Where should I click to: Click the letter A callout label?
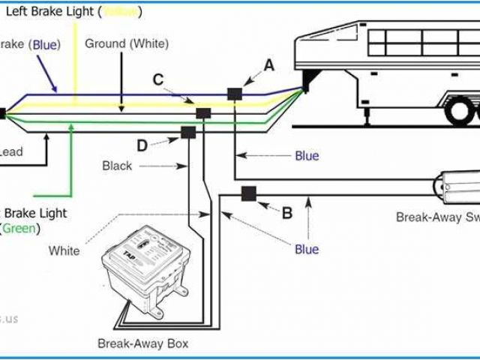click(x=268, y=66)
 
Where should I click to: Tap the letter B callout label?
click(x=286, y=214)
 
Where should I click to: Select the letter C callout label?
click(x=158, y=79)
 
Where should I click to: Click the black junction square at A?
click(x=235, y=94)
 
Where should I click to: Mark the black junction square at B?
click(x=247, y=195)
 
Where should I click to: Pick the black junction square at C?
click(x=202, y=113)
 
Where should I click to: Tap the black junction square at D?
click(x=187, y=133)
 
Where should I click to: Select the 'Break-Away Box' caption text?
click(x=142, y=344)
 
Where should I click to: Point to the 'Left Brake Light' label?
click(x=64, y=12)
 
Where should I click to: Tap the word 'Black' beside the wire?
click(x=117, y=166)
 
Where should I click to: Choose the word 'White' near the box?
click(x=64, y=250)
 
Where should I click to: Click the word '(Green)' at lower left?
click(x=21, y=228)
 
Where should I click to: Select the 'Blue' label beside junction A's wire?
click(x=307, y=156)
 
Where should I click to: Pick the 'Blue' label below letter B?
click(x=306, y=249)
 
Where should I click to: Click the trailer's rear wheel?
click(x=458, y=113)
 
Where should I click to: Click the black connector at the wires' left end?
click(x=2, y=114)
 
